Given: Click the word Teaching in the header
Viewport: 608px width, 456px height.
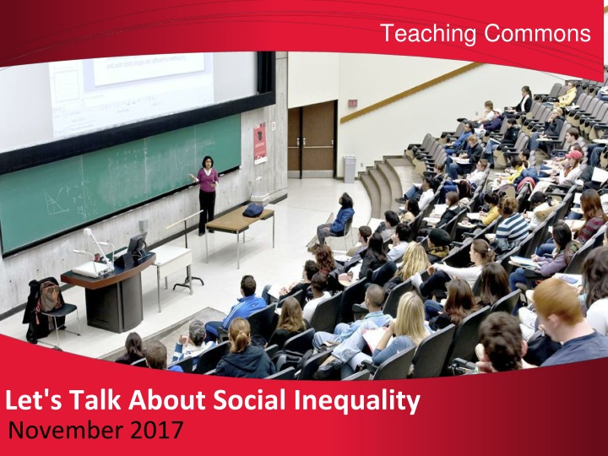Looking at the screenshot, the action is pos(428,34).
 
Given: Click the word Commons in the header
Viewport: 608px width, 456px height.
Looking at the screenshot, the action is pos(537,33).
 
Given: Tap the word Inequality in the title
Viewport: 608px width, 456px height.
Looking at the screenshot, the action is pos(356,401).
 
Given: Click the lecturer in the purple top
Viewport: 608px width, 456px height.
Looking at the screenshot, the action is pos(207,195).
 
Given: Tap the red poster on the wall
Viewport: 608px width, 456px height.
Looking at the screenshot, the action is pos(260,144).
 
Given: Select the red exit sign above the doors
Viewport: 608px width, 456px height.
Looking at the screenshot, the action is pos(352,103).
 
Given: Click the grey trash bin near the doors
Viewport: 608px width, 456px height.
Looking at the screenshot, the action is pos(350,169).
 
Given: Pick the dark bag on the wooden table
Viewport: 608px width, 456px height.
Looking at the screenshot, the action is pos(252,210).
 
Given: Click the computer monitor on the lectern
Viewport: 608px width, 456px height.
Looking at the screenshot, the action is pos(137,244).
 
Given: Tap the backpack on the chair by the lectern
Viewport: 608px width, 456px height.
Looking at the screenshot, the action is pos(49,296).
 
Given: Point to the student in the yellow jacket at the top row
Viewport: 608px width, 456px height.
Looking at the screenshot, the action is pos(568,95).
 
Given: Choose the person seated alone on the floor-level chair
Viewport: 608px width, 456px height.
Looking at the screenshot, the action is pos(337,218).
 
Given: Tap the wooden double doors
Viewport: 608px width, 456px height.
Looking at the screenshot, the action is pos(312,139).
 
